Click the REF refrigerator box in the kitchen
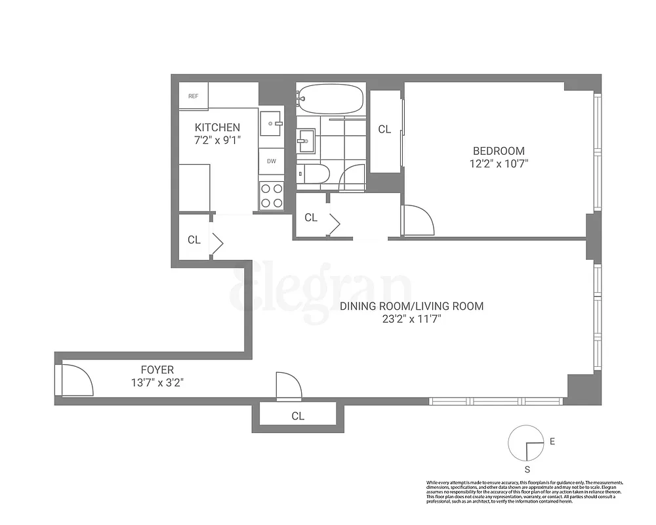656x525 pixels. pyautogui.click(x=194, y=96)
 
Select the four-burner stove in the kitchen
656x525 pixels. pyautogui.click(x=271, y=195)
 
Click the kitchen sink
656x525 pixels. pyautogui.click(x=271, y=123)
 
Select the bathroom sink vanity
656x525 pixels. pyautogui.click(x=306, y=140)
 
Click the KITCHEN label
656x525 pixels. pyautogui.click(x=217, y=127)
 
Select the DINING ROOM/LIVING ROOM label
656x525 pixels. pyautogui.click(x=411, y=306)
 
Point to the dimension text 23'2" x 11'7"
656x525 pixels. pyautogui.click(x=411, y=320)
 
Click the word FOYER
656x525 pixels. pyautogui.click(x=157, y=370)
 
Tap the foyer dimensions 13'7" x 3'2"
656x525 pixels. pyautogui.click(x=157, y=383)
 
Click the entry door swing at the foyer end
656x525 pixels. pyautogui.click(x=75, y=381)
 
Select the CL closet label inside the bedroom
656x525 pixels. pyautogui.click(x=384, y=130)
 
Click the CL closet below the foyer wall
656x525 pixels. pyautogui.click(x=298, y=416)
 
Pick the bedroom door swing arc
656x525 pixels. pyautogui.click(x=418, y=220)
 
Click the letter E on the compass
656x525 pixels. pyautogui.click(x=552, y=442)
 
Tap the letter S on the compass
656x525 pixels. pyautogui.click(x=527, y=469)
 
